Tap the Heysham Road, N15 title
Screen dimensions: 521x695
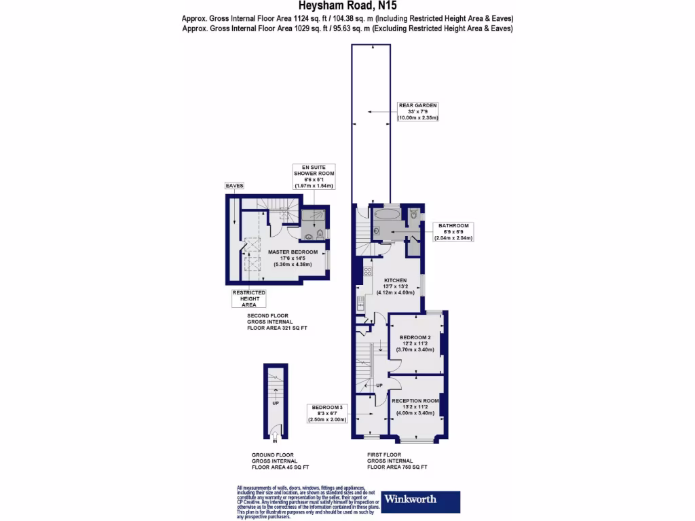point(347,7)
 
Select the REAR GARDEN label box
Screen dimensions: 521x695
point(418,111)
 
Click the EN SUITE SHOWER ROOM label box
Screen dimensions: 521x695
point(314,176)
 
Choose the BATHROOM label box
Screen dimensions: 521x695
point(454,231)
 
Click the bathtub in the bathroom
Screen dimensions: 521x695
point(386,215)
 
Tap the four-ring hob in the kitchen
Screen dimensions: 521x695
point(367,271)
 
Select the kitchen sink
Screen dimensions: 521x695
point(360,301)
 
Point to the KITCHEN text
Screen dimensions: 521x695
point(395,280)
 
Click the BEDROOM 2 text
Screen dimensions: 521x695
point(415,337)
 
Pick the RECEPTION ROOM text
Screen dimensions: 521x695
point(415,401)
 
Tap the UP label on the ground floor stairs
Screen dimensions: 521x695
point(275,403)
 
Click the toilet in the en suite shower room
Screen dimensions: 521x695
point(311,237)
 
